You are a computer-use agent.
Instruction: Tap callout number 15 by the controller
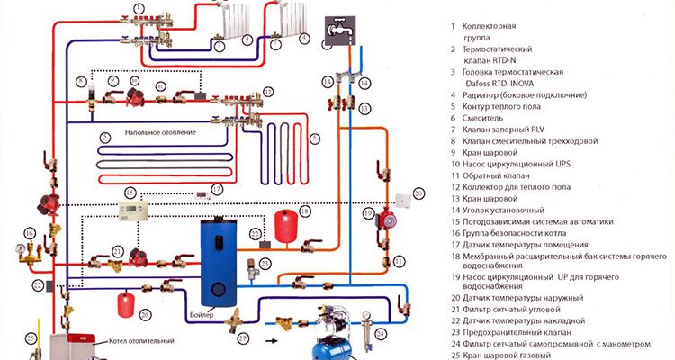pyautogui.click(x=130, y=193)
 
